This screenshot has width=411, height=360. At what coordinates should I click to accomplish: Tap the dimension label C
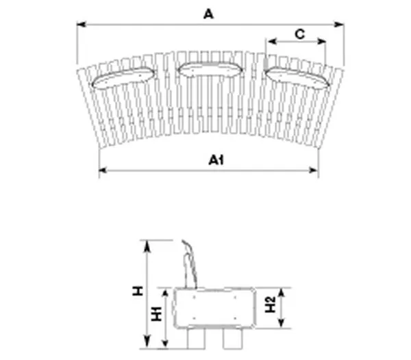pyautogui.click(x=299, y=34)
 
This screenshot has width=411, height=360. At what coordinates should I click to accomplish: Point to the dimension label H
pyautogui.click(x=138, y=292)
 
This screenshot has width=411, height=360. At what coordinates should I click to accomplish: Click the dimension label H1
pyautogui.click(x=156, y=316)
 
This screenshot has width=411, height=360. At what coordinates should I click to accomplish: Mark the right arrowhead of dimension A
pyautogui.click(x=340, y=25)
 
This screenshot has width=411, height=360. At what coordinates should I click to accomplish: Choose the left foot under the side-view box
pyautogui.click(x=194, y=339)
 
